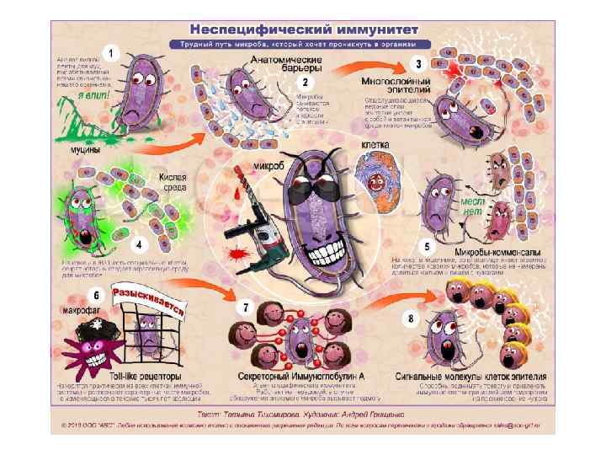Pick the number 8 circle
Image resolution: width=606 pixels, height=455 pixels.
click(410, 319)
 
